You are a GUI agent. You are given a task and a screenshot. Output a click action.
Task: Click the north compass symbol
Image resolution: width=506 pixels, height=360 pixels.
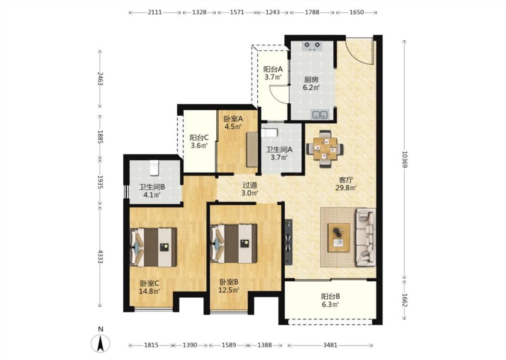[x=100, y=343]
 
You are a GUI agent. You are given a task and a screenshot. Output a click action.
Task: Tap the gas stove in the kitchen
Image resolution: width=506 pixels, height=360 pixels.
[x=312, y=46]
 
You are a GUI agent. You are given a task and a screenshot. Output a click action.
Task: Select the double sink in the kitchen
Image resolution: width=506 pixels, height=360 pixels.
[x=320, y=114]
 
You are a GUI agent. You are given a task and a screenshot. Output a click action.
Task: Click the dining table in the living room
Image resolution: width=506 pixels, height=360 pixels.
[x=325, y=149]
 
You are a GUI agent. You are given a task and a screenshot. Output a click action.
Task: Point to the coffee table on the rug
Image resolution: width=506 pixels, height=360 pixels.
[x=339, y=237]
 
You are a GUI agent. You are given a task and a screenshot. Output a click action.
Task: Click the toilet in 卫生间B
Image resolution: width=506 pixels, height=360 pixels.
[x=154, y=167]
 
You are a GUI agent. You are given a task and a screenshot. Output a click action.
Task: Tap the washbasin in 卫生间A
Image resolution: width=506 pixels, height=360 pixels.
[x=269, y=133]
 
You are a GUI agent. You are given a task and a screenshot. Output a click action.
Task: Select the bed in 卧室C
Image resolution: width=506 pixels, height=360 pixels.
[x=153, y=247]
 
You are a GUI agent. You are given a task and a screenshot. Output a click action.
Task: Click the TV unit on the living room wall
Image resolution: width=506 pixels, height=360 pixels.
[x=288, y=242]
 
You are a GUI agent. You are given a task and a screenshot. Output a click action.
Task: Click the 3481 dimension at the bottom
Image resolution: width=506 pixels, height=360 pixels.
[x=330, y=345]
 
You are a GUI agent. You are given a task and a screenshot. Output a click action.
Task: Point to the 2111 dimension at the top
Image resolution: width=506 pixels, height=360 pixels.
[x=155, y=12]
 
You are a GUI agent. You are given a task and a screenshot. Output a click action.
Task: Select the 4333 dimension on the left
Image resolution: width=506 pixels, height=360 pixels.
[x=100, y=256]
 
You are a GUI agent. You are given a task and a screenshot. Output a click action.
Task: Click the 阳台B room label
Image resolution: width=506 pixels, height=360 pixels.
[x=331, y=296]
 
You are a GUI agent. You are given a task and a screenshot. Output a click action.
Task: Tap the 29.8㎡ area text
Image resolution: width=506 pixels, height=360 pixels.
[x=345, y=188]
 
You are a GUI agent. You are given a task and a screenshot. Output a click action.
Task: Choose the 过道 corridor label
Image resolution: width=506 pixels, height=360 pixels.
[x=250, y=185]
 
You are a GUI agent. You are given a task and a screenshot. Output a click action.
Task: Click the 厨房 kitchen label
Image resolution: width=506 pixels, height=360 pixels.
[x=311, y=80]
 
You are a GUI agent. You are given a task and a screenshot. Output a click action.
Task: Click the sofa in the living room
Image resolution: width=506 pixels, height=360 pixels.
[x=366, y=237]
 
